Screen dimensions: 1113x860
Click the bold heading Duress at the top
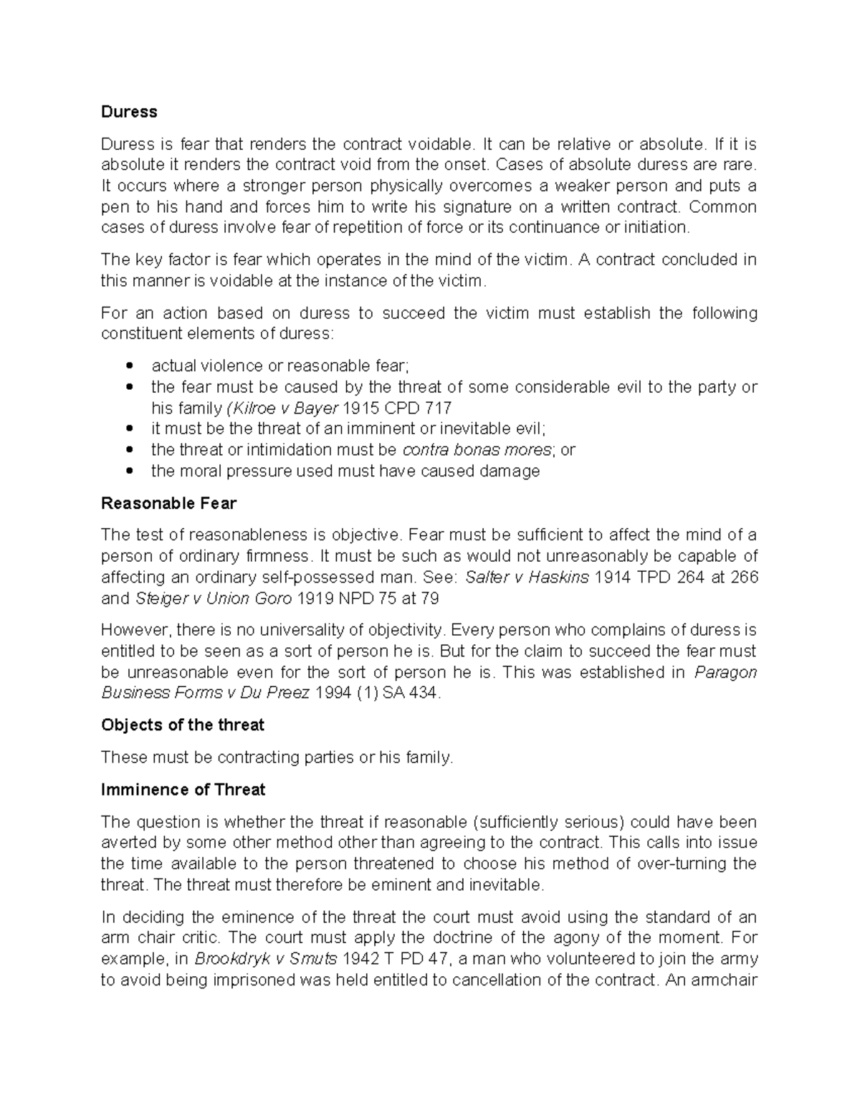(x=129, y=112)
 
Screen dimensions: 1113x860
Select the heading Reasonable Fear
(x=168, y=503)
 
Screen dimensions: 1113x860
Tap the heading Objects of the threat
(x=183, y=725)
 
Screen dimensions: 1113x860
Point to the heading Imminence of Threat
(x=183, y=789)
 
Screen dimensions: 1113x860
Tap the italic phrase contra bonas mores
(x=477, y=450)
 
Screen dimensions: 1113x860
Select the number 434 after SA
(x=421, y=693)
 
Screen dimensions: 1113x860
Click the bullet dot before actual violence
(x=129, y=366)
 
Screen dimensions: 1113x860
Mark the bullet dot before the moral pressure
(x=129, y=472)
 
